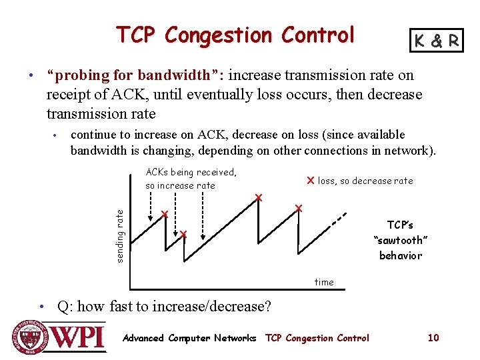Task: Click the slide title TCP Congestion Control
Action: coord(235,35)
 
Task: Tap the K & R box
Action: coord(437,41)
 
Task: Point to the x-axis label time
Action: coord(324,282)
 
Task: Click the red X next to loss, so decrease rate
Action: coord(310,181)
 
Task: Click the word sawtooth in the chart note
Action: coord(400,240)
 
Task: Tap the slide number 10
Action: coord(433,338)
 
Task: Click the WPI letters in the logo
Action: coord(79,337)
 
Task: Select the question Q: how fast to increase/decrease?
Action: coord(164,307)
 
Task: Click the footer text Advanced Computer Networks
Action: coord(189,338)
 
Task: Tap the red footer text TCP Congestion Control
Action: coord(317,338)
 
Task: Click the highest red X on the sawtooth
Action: coord(259,197)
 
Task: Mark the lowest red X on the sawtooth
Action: coord(183,234)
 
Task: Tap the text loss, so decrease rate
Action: coord(365,181)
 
